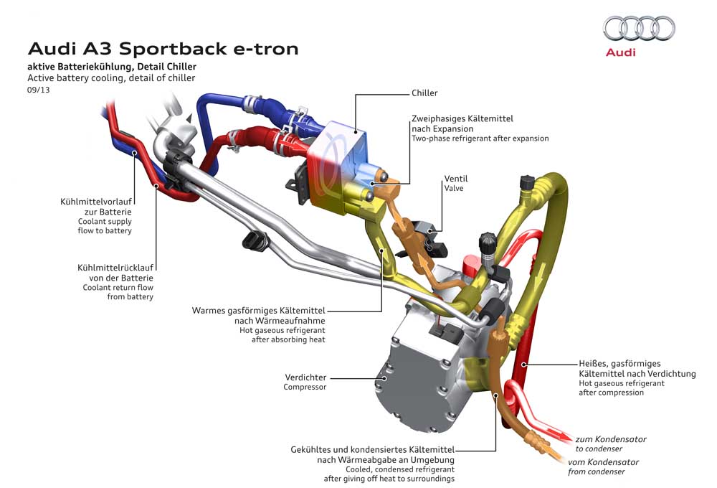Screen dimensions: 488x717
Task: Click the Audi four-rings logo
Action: pyautogui.click(x=639, y=29)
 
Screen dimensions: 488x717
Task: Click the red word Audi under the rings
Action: pyautogui.click(x=620, y=52)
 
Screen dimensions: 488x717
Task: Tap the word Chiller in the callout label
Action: pyautogui.click(x=424, y=93)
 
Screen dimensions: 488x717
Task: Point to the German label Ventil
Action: pyautogui.click(x=456, y=178)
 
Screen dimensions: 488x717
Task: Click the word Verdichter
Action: pyautogui.click(x=305, y=377)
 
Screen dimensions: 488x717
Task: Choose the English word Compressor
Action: pyautogui.click(x=305, y=387)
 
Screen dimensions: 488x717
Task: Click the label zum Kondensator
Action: pyautogui.click(x=611, y=438)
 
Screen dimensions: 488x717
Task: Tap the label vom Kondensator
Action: pyautogui.click(x=603, y=461)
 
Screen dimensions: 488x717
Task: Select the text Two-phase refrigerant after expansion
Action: pyautogui.click(x=480, y=139)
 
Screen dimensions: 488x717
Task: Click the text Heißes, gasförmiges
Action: pyautogui.click(x=619, y=363)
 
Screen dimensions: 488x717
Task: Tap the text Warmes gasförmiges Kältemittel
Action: pyautogui.click(x=258, y=311)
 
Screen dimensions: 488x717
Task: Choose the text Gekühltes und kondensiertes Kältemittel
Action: pyautogui.click(x=372, y=449)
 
